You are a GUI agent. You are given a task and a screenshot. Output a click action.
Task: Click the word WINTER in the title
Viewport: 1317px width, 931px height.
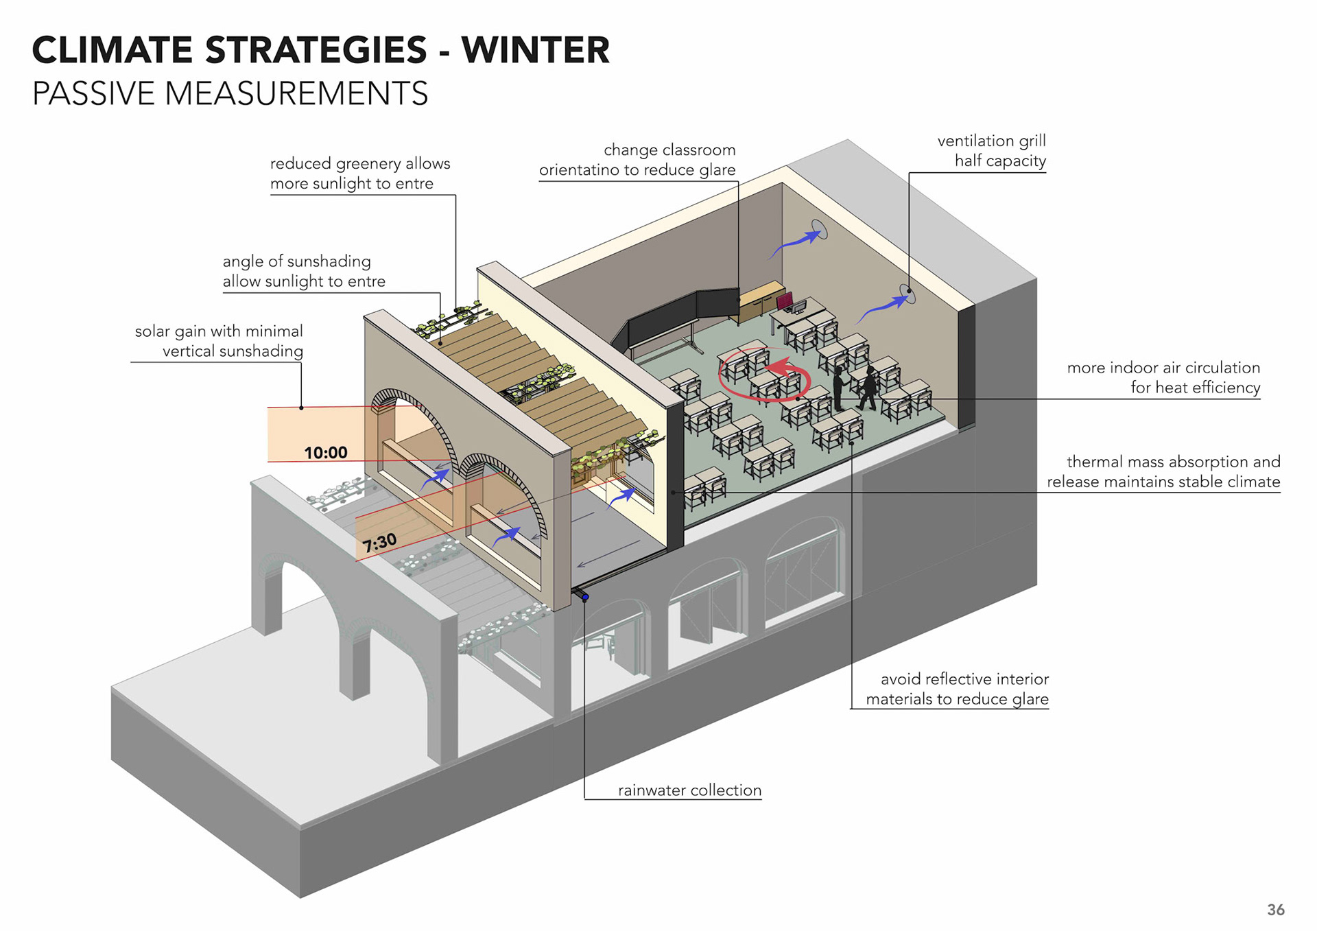535,50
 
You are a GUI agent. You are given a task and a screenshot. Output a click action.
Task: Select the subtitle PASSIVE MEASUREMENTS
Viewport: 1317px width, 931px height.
230,93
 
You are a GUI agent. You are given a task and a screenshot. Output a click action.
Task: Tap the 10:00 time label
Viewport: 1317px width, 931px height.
326,453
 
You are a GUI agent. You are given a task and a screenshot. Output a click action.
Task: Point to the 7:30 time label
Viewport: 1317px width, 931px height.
379,543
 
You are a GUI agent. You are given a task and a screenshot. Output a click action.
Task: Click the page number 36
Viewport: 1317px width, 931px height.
1275,910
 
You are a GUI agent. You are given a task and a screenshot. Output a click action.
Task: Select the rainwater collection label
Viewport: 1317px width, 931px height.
689,790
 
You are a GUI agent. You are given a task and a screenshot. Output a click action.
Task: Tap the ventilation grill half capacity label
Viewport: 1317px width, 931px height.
991,151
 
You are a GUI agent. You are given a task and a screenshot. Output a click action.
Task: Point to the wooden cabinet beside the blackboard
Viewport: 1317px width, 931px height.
760,300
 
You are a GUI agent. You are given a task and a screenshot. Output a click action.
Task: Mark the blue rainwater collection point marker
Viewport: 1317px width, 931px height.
585,598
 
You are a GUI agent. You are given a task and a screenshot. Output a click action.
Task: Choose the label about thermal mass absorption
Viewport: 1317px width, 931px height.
1163,472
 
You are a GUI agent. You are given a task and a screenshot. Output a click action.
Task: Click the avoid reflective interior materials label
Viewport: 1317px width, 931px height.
958,689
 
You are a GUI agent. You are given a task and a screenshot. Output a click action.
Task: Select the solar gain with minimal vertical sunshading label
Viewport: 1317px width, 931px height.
219,341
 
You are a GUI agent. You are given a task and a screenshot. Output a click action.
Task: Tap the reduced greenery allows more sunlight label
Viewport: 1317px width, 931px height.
360,174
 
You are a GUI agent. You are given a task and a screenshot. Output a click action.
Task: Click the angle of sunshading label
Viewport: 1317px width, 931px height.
304,271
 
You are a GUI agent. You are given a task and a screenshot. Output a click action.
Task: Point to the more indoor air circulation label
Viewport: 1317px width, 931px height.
1163,377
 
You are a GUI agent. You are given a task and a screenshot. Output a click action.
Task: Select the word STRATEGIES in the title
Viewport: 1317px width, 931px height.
316,50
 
